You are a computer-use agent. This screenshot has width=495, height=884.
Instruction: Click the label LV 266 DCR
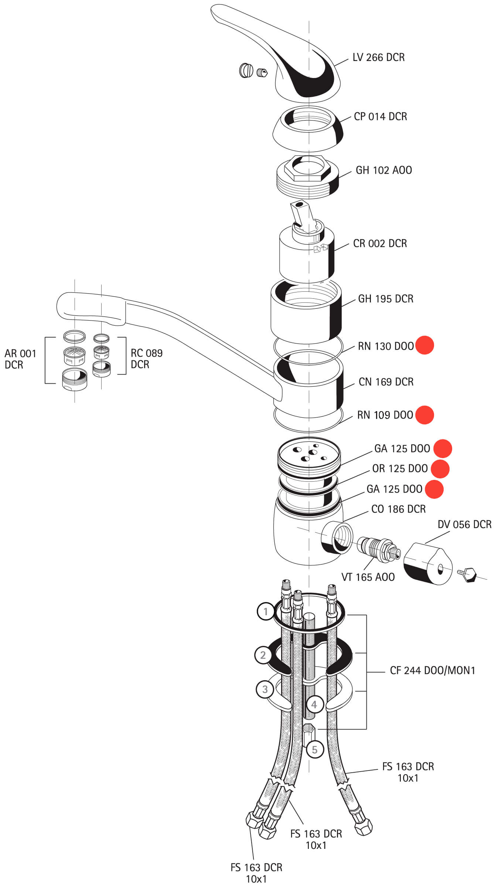coord(378,57)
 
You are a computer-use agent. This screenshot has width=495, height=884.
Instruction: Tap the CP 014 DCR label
coord(380,116)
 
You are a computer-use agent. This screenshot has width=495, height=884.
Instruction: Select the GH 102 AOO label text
coord(383,170)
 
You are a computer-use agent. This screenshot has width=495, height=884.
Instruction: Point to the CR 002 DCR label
coord(380,243)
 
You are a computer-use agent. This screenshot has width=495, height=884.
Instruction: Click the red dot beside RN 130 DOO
coord(424,345)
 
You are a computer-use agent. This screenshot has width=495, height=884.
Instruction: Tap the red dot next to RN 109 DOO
coord(424,415)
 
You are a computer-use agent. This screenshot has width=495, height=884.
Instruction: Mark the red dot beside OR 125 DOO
coord(440,469)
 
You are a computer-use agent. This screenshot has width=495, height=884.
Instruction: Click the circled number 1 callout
coord(265,612)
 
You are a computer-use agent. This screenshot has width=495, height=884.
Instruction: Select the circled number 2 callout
coord(263,655)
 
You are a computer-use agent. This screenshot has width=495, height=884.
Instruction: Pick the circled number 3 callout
coord(264,689)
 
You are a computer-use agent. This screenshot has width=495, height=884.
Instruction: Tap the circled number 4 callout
coord(314,704)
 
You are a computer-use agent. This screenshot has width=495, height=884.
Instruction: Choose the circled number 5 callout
coord(314,749)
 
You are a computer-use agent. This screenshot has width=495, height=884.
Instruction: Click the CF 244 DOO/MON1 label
coord(432,670)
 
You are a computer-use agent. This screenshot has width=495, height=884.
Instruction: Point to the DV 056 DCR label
coord(464,524)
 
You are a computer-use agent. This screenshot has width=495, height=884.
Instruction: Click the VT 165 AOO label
coord(368,577)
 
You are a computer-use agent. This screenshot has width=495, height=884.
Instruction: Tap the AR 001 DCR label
coord(20,359)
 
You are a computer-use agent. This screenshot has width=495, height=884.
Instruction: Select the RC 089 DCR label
coord(146,359)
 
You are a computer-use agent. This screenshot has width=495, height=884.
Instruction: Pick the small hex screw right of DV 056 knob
coord(468,573)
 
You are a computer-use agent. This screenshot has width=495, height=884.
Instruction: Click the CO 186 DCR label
coord(398,509)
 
